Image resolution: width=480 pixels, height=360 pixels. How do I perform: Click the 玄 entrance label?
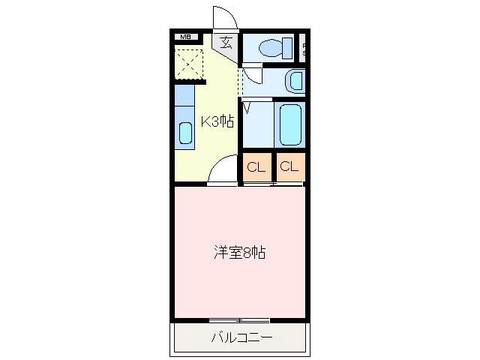pyautogui.click(x=226, y=42)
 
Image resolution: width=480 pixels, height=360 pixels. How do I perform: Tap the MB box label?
pyautogui.click(x=184, y=36)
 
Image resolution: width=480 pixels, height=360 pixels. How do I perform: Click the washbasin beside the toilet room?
pyautogui.click(x=295, y=79)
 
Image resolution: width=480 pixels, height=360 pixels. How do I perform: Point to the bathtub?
pyautogui.click(x=289, y=125)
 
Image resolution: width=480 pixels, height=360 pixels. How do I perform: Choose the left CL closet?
pyautogui.click(x=256, y=167)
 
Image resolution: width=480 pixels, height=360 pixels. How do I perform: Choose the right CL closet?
pyautogui.click(x=289, y=167)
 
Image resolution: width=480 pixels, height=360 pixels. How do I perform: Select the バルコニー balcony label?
pyautogui.click(x=241, y=338)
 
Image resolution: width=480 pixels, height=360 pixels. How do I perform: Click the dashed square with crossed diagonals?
pyautogui.click(x=190, y=62)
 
